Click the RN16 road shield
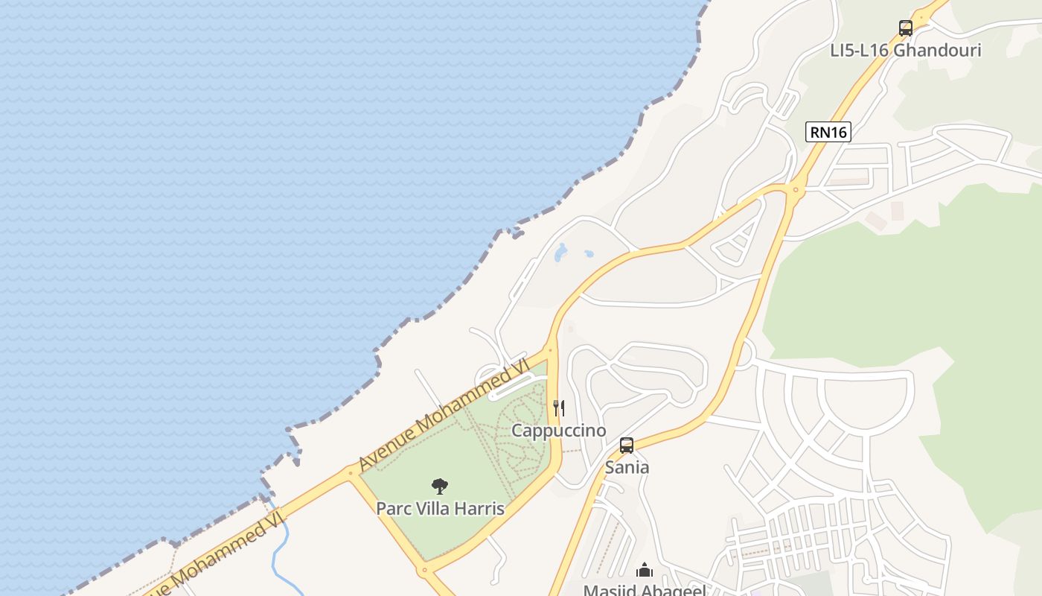[828, 132]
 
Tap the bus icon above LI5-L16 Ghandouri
[905, 28]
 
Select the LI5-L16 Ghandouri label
[905, 50]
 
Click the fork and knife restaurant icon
[559, 408]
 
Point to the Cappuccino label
[559, 431]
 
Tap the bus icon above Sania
[627, 446]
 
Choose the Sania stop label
[627, 467]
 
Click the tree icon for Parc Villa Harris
[440, 486]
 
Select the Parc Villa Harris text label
[440, 509]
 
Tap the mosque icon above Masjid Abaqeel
[645, 571]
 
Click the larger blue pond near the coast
[560, 253]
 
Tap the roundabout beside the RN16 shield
[796, 190]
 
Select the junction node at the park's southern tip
[425, 571]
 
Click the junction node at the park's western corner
[350, 472]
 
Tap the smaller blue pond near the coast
[589, 254]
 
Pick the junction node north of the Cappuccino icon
[551, 348]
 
